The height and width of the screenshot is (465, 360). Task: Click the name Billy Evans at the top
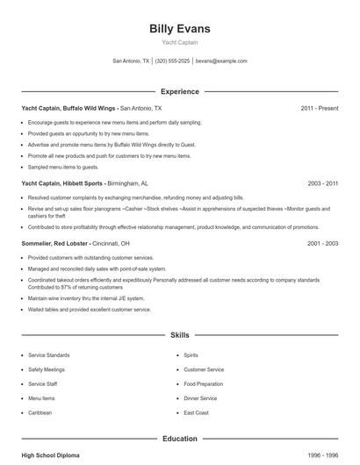coord(180,29)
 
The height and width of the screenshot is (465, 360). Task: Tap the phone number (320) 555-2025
coord(173,61)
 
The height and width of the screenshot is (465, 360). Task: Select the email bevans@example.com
coord(221,61)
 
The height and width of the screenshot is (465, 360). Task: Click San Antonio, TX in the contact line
coord(132,61)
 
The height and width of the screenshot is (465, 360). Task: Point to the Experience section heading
coord(180,91)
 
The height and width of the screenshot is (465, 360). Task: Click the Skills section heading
coord(180,335)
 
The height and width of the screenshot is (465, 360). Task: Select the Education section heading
coord(180,439)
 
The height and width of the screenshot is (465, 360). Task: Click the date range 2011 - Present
coord(319,108)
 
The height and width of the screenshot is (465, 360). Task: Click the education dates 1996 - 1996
coord(322,455)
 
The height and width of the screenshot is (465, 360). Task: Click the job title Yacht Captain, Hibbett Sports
coord(64,184)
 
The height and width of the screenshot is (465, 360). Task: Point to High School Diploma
coord(51,455)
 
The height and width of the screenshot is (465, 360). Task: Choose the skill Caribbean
coord(40,412)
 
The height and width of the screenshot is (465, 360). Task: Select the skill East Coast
coord(196,412)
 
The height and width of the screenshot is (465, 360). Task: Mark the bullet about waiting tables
coord(90,310)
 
